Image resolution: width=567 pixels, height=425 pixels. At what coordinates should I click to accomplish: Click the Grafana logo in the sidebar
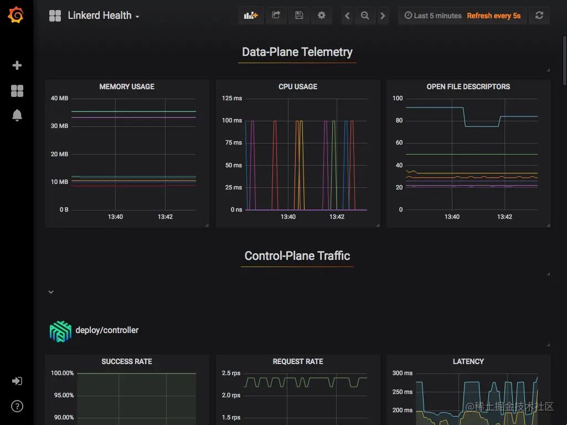click(16, 16)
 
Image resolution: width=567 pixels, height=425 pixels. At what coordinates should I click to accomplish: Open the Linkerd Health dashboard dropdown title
click(103, 16)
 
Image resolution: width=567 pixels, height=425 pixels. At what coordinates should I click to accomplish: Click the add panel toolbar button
click(251, 16)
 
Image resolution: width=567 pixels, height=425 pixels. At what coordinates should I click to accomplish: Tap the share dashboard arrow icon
click(276, 16)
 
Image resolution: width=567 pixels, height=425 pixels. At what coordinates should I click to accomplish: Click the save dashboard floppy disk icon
click(299, 16)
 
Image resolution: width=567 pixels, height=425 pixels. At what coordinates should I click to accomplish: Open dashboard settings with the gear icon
click(322, 16)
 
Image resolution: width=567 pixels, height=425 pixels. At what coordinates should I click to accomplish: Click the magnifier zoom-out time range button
click(365, 16)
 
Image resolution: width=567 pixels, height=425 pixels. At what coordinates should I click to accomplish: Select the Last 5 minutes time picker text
click(433, 16)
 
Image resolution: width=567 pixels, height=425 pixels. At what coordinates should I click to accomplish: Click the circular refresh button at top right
click(539, 16)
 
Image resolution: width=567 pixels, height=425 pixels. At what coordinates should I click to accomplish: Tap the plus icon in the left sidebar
click(17, 65)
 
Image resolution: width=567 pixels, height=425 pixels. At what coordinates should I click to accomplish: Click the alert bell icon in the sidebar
click(17, 115)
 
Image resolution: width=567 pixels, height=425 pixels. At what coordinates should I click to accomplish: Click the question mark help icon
click(17, 407)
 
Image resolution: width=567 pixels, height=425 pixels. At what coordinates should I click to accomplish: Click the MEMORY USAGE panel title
click(127, 86)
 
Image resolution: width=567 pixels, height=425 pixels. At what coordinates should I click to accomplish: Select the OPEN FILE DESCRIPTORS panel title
click(468, 86)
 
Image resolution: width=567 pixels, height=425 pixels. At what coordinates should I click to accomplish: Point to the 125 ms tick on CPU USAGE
click(232, 99)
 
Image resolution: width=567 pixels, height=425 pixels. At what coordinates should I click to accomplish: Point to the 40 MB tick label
click(59, 99)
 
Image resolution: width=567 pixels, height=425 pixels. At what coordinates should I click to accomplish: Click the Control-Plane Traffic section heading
click(297, 256)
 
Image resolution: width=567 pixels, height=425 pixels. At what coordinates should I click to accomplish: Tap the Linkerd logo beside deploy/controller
click(60, 331)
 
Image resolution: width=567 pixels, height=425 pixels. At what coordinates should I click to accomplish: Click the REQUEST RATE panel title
click(298, 361)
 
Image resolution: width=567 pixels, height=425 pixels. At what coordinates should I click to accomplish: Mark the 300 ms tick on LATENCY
click(402, 373)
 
